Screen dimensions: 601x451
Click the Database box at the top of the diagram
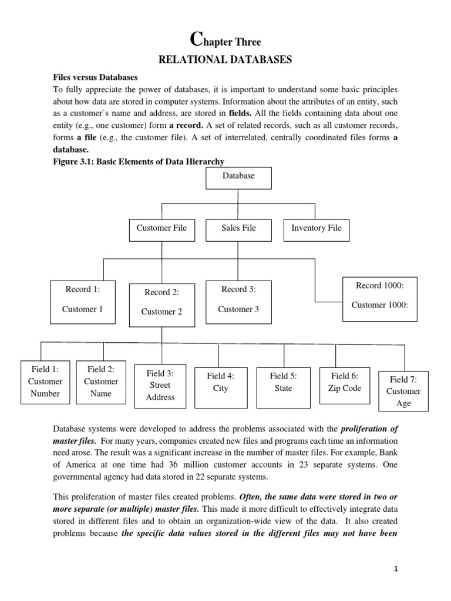pyautogui.click(x=238, y=176)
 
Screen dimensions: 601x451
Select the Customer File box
pyautogui.click(x=161, y=228)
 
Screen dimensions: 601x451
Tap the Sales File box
pyautogui.click(x=238, y=228)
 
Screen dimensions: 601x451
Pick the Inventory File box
pyautogui.click(x=316, y=228)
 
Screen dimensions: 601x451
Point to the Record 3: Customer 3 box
pyautogui.click(x=238, y=299)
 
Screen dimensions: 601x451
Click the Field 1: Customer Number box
pyautogui.click(x=45, y=381)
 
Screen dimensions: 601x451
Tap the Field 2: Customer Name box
pyautogui.click(x=100, y=381)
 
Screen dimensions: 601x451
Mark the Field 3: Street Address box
pyautogui.click(x=160, y=385)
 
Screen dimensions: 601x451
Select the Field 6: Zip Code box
pyautogui.click(x=345, y=385)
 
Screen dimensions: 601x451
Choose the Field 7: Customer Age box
pyautogui.click(x=404, y=391)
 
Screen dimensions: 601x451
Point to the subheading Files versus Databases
pyautogui.click(x=96, y=77)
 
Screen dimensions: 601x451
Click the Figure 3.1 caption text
pyautogui.click(x=139, y=161)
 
